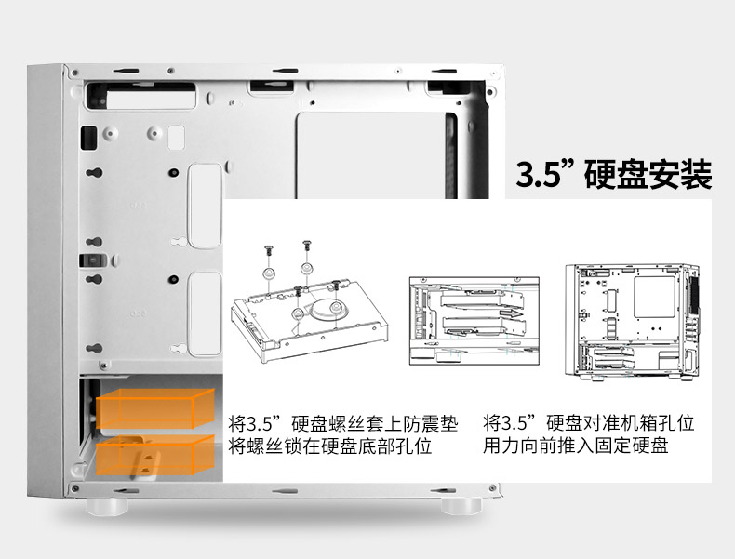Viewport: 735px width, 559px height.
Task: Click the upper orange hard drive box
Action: [x=155, y=407]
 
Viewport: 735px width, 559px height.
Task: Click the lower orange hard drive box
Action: [x=155, y=455]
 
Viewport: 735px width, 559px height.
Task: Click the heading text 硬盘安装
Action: [x=648, y=174]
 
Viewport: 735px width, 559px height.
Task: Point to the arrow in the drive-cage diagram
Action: [x=511, y=313]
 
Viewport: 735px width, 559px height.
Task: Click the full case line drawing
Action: [x=633, y=322]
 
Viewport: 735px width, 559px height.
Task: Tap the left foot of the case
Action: [x=107, y=506]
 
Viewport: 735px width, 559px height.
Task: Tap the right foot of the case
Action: [x=461, y=506]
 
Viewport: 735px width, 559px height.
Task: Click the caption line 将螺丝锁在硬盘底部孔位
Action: [x=330, y=446]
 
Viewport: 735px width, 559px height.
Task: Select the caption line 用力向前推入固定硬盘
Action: [x=576, y=445]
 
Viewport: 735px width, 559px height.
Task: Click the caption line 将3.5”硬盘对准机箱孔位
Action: [x=589, y=422]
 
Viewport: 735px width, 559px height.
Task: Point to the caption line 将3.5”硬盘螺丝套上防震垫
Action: [x=343, y=423]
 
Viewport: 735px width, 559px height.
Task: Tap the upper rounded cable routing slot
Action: [x=205, y=205]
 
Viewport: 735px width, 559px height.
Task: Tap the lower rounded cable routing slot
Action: [x=205, y=313]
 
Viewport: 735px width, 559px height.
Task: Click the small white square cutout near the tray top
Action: [x=176, y=138]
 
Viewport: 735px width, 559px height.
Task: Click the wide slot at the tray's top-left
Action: [x=140, y=96]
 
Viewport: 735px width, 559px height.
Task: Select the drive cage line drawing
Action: [x=474, y=321]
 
